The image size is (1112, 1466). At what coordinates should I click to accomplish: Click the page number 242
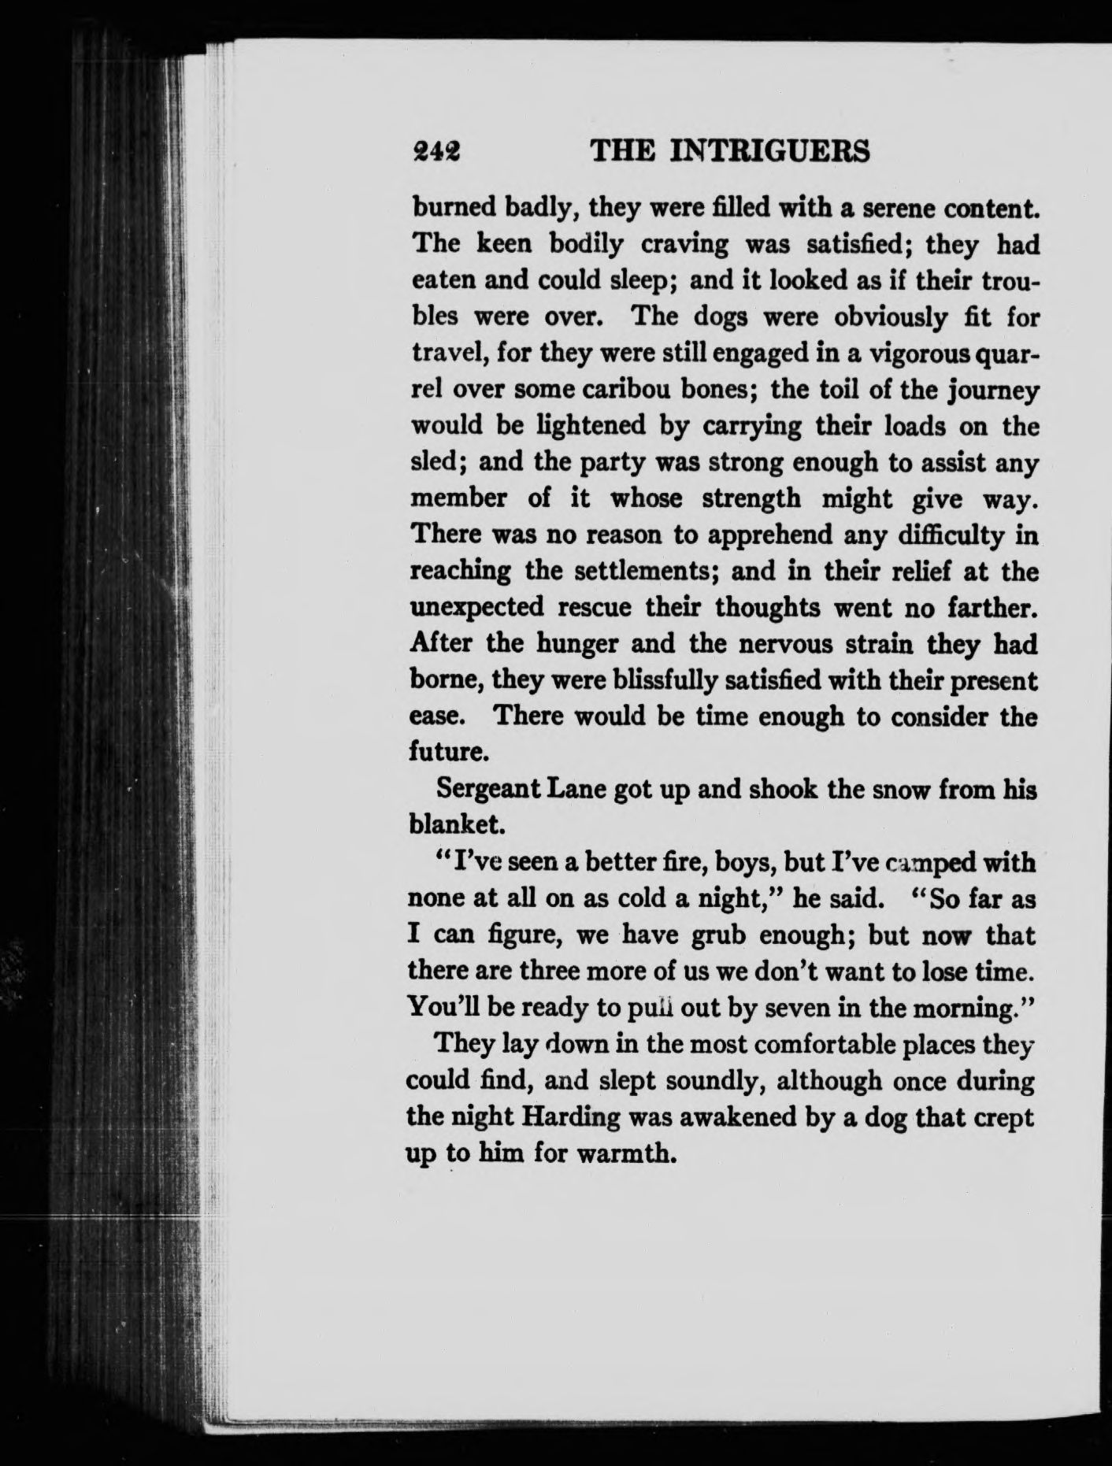coord(437,150)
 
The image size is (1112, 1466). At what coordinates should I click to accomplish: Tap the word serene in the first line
coord(887,209)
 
